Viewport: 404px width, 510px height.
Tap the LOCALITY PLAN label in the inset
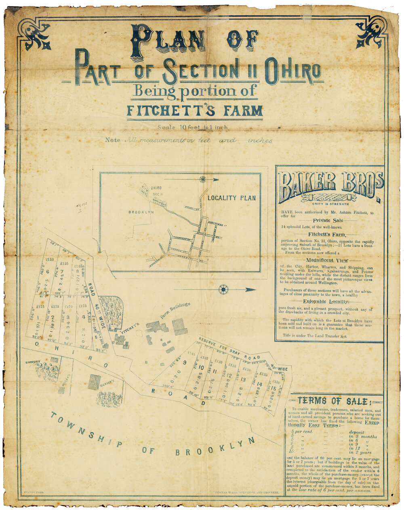pyautogui.click(x=231, y=198)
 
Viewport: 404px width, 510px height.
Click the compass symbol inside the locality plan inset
pyautogui.click(x=202, y=179)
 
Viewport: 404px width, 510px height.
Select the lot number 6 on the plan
pyautogui.click(x=47, y=272)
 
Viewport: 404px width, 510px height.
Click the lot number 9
pyautogui.click(x=184, y=362)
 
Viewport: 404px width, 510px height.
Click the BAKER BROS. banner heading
pyautogui.click(x=329, y=185)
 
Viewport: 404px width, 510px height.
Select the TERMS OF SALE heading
pyautogui.click(x=333, y=401)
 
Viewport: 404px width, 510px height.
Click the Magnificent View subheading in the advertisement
pyautogui.click(x=329, y=260)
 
